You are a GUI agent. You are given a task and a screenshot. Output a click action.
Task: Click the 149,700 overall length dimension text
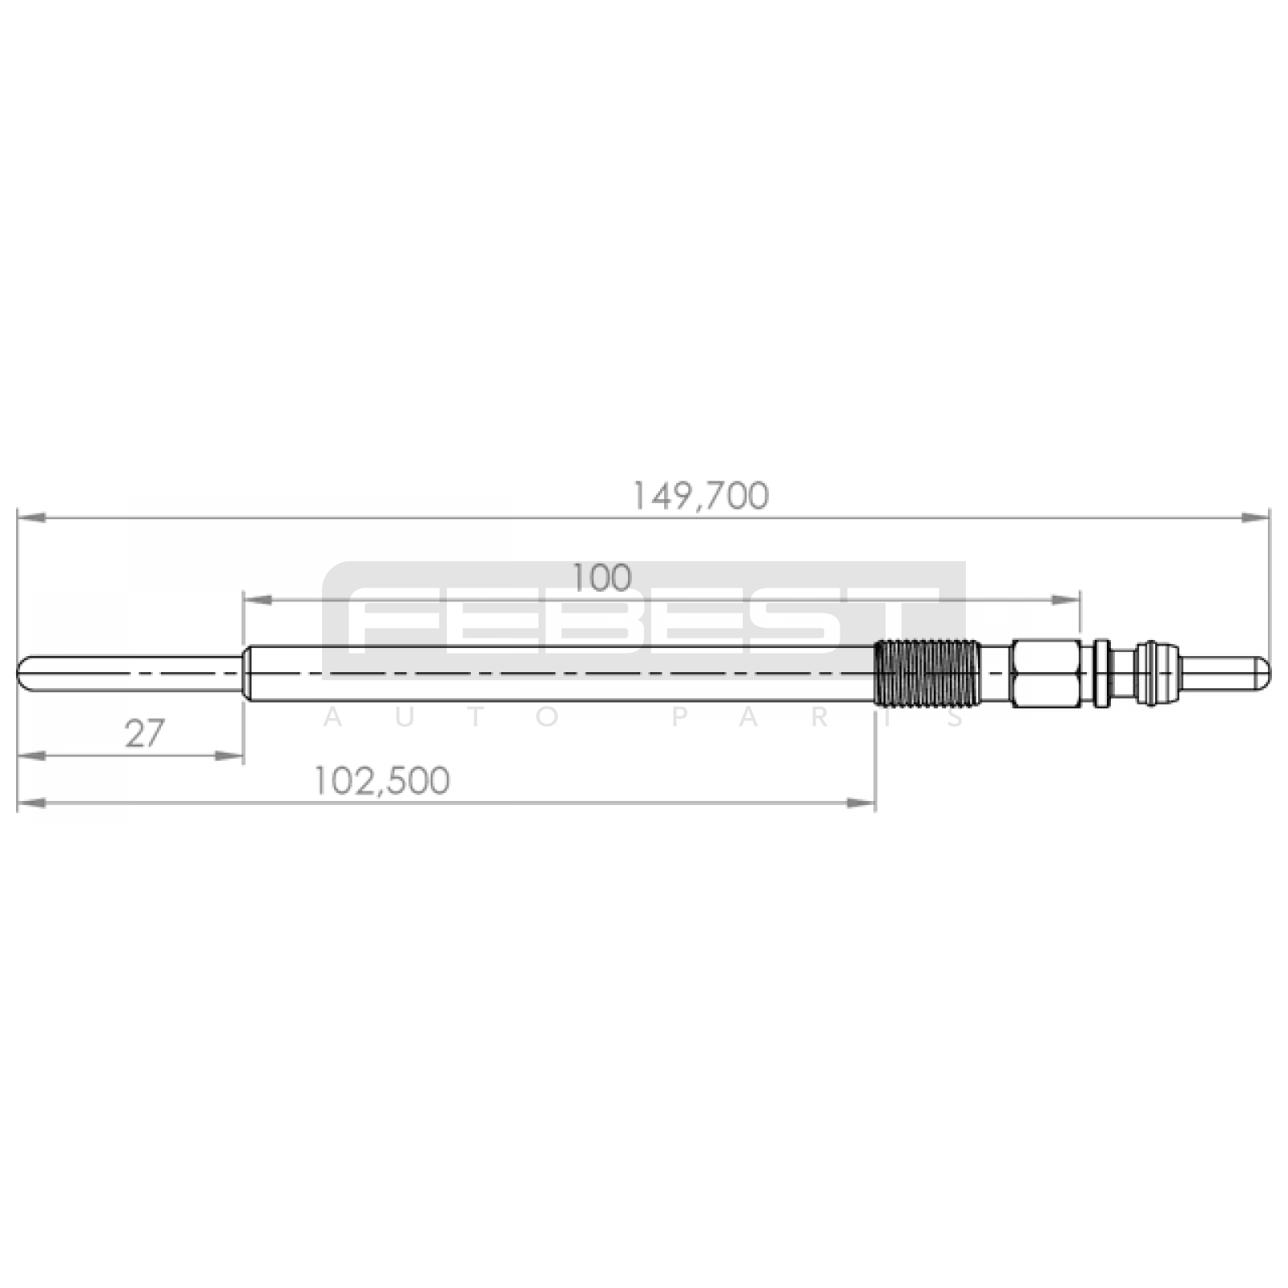coord(700,497)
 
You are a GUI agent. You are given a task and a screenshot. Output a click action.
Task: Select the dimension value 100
coord(601,578)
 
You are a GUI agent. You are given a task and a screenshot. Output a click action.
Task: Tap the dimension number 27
coord(145,733)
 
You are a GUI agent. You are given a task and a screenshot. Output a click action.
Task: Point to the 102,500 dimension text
coord(381,781)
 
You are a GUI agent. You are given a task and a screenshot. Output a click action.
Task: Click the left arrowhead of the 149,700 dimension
coord(31,518)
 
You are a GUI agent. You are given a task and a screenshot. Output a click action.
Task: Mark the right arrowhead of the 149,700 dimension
coord(1256,518)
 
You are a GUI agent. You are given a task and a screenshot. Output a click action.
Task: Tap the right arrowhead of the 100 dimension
coord(1066,600)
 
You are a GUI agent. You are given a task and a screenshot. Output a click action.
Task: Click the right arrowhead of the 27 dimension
coord(229,755)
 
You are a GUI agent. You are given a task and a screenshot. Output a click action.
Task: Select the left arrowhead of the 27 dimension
coord(31,755)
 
